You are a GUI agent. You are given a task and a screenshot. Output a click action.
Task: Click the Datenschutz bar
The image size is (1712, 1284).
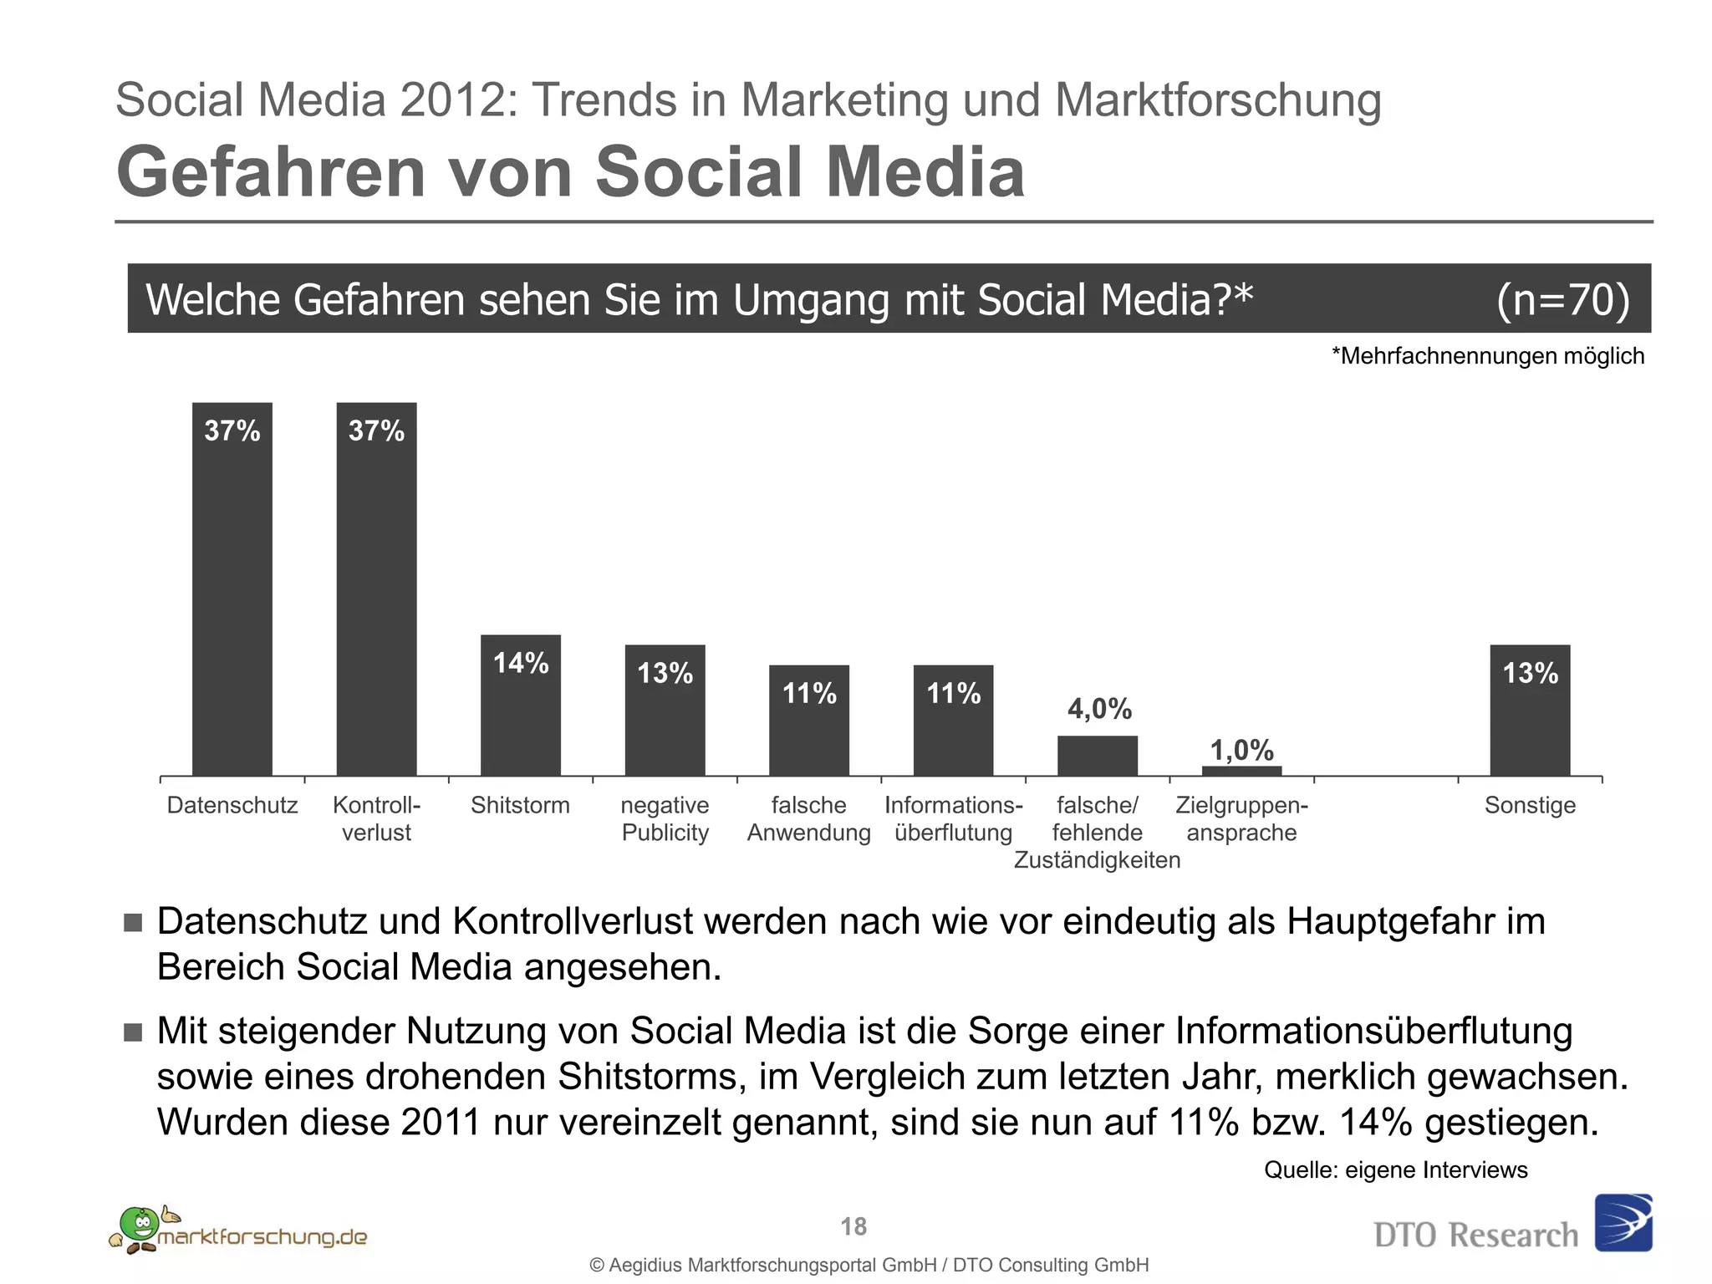pyautogui.click(x=232, y=589)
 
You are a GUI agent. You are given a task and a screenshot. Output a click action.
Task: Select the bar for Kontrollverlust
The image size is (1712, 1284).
pyautogui.click(x=376, y=589)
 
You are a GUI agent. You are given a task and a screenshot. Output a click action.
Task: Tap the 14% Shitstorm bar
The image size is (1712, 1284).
pyautogui.click(x=520, y=706)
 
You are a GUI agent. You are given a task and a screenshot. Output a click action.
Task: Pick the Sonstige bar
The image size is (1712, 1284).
pyautogui.click(x=1530, y=711)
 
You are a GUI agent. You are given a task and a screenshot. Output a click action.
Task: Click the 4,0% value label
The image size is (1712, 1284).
pyautogui.click(x=1099, y=709)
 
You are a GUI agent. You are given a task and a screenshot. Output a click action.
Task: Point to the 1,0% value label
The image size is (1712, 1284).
pyautogui.click(x=1242, y=750)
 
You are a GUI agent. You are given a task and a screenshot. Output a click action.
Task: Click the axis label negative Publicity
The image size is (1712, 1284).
pyautogui.click(x=665, y=818)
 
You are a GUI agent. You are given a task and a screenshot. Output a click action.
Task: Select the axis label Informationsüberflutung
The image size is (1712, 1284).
pyautogui.click(x=953, y=818)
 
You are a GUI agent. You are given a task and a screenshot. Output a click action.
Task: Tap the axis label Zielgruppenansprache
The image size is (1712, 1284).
pyautogui.click(x=1241, y=818)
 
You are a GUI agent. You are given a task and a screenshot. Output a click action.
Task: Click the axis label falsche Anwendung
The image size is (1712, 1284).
pyautogui.click(x=808, y=818)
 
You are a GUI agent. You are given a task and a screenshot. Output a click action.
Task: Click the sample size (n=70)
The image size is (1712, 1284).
pyautogui.click(x=1562, y=299)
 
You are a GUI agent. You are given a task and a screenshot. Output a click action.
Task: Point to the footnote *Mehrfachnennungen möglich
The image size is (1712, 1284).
pyautogui.click(x=1487, y=356)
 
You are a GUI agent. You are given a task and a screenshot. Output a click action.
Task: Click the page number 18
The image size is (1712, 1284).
pyautogui.click(x=853, y=1226)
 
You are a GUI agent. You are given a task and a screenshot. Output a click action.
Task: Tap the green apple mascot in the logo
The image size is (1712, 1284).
pyautogui.click(x=139, y=1225)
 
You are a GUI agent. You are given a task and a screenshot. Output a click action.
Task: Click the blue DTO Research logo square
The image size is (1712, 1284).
pyautogui.click(x=1623, y=1222)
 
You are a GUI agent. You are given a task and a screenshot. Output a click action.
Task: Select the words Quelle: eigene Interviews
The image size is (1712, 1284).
pyautogui.click(x=1395, y=1169)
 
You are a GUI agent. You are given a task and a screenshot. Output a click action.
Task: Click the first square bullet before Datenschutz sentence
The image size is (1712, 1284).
pyautogui.click(x=133, y=922)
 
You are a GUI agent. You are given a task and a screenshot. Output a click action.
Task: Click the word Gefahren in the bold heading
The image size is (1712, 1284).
pyautogui.click(x=270, y=171)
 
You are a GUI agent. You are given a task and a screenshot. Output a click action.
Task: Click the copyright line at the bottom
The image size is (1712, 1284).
pyautogui.click(x=869, y=1265)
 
